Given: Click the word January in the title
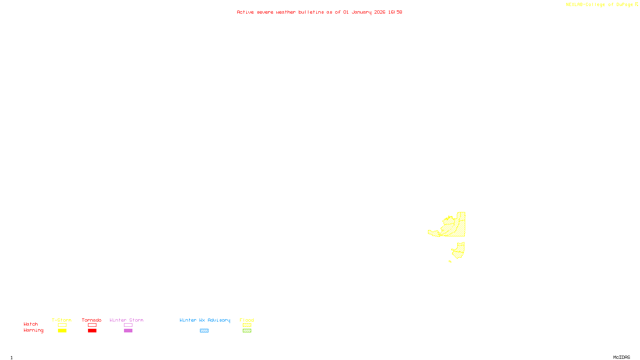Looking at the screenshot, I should [361, 12].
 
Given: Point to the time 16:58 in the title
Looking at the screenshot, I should [395, 12].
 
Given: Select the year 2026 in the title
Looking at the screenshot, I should [380, 12].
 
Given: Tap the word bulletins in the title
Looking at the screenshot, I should [311, 12].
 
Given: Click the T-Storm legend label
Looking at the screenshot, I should [62, 320].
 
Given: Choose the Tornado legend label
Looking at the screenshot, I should [92, 320].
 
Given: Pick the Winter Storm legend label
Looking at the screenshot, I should [126, 320].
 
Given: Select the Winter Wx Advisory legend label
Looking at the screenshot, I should [205, 320].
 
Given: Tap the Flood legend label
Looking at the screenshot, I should [247, 320].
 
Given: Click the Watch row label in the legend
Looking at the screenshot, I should [31, 324].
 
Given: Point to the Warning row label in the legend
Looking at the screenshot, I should [33, 330].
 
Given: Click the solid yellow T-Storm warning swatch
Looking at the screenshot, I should [62, 331].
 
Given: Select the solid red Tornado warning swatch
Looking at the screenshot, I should [92, 331].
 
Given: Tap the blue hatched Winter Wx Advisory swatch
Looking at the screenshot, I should [204, 331].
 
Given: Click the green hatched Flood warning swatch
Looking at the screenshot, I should [247, 331].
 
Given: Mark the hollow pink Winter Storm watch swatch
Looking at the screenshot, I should [128, 325].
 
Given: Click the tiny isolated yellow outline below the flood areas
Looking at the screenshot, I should [450, 262].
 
